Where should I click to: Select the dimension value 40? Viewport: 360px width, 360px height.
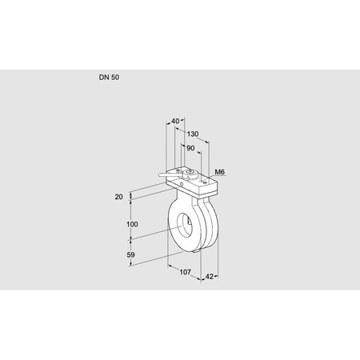(x=175, y=122)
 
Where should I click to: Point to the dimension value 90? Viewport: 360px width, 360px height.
(x=189, y=147)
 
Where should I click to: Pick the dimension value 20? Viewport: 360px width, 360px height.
(x=119, y=196)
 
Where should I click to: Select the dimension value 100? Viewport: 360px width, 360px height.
(x=132, y=225)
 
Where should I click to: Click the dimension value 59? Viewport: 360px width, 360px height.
(x=132, y=255)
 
